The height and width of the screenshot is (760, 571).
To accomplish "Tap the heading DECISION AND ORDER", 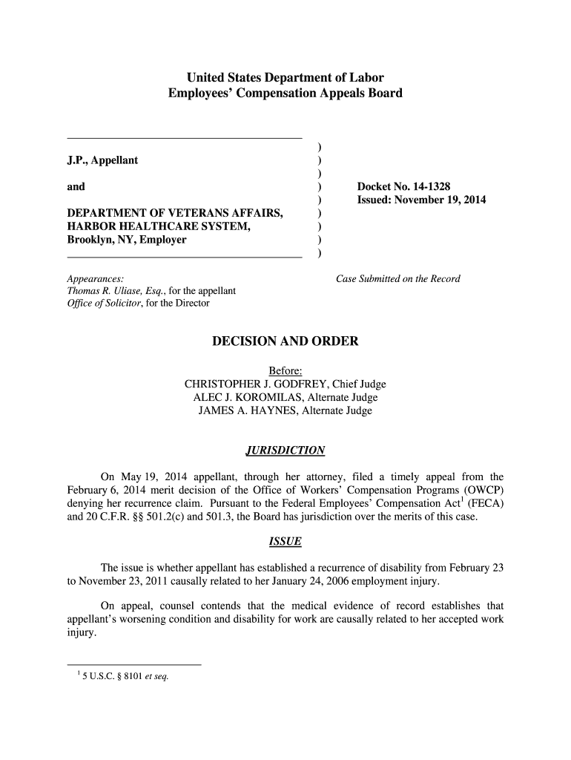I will [x=285, y=341].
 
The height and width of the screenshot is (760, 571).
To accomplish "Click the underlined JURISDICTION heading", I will [x=285, y=451].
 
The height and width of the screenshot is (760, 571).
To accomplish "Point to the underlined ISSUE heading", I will [x=285, y=542].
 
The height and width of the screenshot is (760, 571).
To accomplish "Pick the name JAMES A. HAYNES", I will [x=246, y=410].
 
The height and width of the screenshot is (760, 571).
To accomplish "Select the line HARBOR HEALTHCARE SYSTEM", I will [x=159, y=227].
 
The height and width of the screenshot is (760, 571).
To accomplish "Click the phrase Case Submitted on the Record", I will [x=398, y=279].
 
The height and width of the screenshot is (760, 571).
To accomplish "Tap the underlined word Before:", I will [x=285, y=370].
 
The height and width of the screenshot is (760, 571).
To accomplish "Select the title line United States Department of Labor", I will [x=285, y=77].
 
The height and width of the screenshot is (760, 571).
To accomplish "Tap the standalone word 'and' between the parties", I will [x=76, y=187].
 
